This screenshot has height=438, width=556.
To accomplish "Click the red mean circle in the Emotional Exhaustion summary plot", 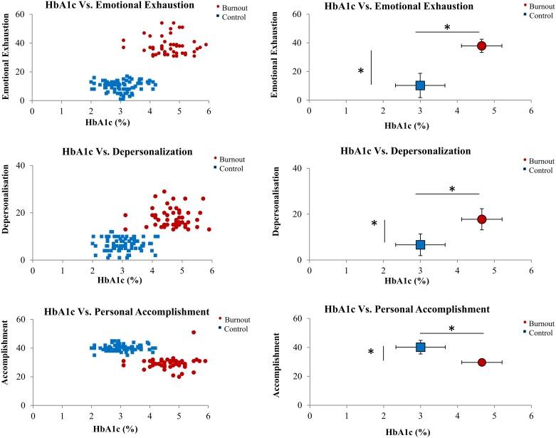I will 481,46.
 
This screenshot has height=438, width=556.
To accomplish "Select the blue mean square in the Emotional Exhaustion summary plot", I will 420,85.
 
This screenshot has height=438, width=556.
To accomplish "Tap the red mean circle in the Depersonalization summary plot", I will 481,219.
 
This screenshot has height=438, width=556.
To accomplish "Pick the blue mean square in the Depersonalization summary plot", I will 420,245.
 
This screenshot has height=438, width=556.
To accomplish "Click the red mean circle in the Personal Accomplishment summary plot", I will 482,362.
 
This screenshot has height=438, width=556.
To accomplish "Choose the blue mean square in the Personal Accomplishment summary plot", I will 420,347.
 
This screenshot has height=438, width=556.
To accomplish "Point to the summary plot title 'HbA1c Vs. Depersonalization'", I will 406,151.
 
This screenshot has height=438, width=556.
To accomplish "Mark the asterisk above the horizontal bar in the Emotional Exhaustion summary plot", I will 447,27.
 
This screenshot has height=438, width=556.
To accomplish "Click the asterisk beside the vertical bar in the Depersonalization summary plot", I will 374,224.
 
